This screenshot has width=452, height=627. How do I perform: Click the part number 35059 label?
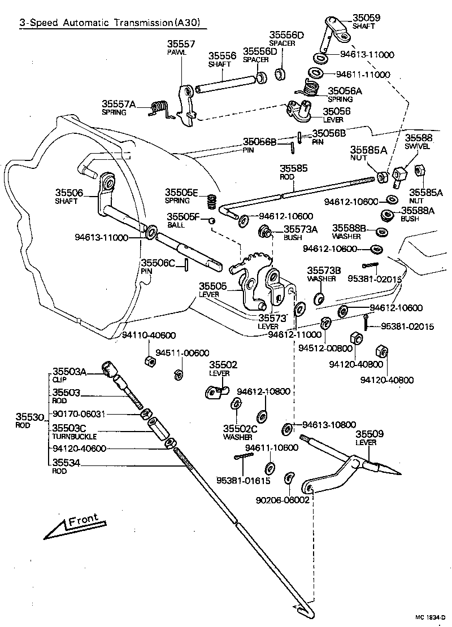[366, 18]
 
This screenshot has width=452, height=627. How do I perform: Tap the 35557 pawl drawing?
[186, 103]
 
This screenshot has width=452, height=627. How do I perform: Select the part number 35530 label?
[29, 417]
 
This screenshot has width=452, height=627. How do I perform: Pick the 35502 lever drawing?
[216, 391]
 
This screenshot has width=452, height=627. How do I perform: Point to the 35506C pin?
[187, 265]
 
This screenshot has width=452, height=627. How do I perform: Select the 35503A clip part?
[109, 368]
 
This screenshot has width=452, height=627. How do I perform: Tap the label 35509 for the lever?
[370, 434]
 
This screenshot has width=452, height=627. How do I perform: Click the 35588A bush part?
[387, 215]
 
